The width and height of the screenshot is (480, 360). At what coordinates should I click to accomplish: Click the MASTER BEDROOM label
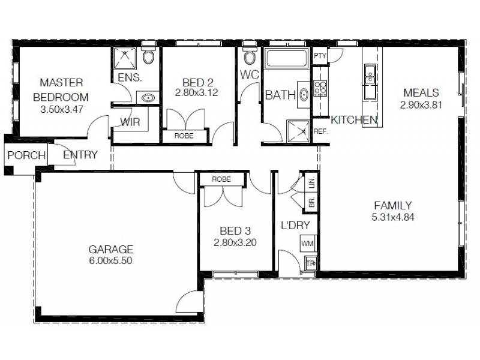pos(61,89)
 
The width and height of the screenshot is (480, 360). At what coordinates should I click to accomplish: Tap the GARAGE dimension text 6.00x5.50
pos(110,261)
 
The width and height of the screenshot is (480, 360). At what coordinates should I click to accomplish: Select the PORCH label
pos(26,155)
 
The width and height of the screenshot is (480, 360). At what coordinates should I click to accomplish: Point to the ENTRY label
pos(80,155)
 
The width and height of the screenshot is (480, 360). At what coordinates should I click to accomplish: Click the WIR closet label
pos(130,121)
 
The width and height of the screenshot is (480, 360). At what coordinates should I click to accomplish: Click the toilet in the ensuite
pos(148,57)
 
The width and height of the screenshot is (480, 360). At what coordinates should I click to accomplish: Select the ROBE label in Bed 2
pos(184,136)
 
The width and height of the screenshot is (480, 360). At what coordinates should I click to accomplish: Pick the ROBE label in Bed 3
pos(221,179)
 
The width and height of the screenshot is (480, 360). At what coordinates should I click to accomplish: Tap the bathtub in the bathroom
pos(286,59)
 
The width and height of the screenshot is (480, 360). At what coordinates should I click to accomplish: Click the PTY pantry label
pos(320,56)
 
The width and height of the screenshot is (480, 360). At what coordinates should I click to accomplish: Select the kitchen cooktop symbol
pos(320,89)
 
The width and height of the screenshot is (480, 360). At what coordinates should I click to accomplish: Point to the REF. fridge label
pos(320,130)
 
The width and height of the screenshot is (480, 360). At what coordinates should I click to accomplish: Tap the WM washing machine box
pos(307,244)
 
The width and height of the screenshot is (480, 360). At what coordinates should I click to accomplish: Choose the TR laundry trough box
pos(310,263)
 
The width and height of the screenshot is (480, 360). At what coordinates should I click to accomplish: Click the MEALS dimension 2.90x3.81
pos(421,104)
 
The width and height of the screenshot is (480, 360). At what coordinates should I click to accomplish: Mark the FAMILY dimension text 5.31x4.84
pos(393,217)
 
